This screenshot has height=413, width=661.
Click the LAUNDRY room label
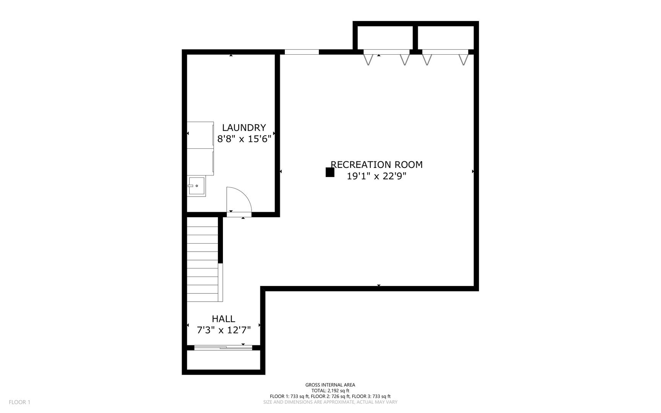(x=244, y=128)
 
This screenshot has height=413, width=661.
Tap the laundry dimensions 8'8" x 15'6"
(x=244, y=139)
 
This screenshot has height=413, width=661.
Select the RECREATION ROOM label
(x=377, y=165)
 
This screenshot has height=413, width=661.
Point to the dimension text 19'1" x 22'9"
(x=377, y=176)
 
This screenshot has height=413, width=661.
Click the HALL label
(x=224, y=319)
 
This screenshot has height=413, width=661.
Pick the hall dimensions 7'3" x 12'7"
(x=224, y=330)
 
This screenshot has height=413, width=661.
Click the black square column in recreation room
(x=330, y=172)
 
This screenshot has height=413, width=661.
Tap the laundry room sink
(x=197, y=186)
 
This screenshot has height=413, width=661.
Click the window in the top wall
(x=302, y=52)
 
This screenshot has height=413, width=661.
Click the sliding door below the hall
(x=223, y=348)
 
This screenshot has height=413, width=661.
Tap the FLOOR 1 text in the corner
(x=19, y=402)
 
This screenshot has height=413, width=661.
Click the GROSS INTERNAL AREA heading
(x=330, y=385)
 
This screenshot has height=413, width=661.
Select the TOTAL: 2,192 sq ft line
(x=330, y=391)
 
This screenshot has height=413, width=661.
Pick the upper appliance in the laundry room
(x=200, y=135)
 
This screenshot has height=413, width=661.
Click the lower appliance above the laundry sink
(x=200, y=162)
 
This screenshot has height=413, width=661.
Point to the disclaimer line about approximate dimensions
(x=330, y=402)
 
